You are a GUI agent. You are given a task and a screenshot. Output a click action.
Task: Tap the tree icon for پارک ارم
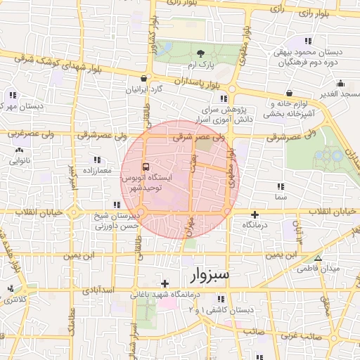point(202,54)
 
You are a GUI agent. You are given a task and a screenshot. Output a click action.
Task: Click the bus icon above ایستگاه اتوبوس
point(145,167)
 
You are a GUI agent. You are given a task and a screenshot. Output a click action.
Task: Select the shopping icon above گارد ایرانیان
point(144,79)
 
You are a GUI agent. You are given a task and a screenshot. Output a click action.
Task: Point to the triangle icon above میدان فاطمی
point(318,258)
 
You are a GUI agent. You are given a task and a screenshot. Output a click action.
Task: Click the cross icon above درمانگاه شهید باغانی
point(165,283)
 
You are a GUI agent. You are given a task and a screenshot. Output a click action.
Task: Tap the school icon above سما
point(281,187)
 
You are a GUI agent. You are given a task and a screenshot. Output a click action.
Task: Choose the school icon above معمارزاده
point(96,160)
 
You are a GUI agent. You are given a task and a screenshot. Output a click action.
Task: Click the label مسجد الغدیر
point(334,94)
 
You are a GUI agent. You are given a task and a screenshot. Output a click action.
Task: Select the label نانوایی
point(19,160)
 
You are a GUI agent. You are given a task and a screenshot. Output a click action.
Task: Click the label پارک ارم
point(201,65)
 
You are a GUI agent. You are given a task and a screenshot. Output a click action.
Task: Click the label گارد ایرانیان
point(143,89)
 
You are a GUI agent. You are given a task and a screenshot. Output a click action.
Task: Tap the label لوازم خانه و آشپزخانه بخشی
point(288,107)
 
